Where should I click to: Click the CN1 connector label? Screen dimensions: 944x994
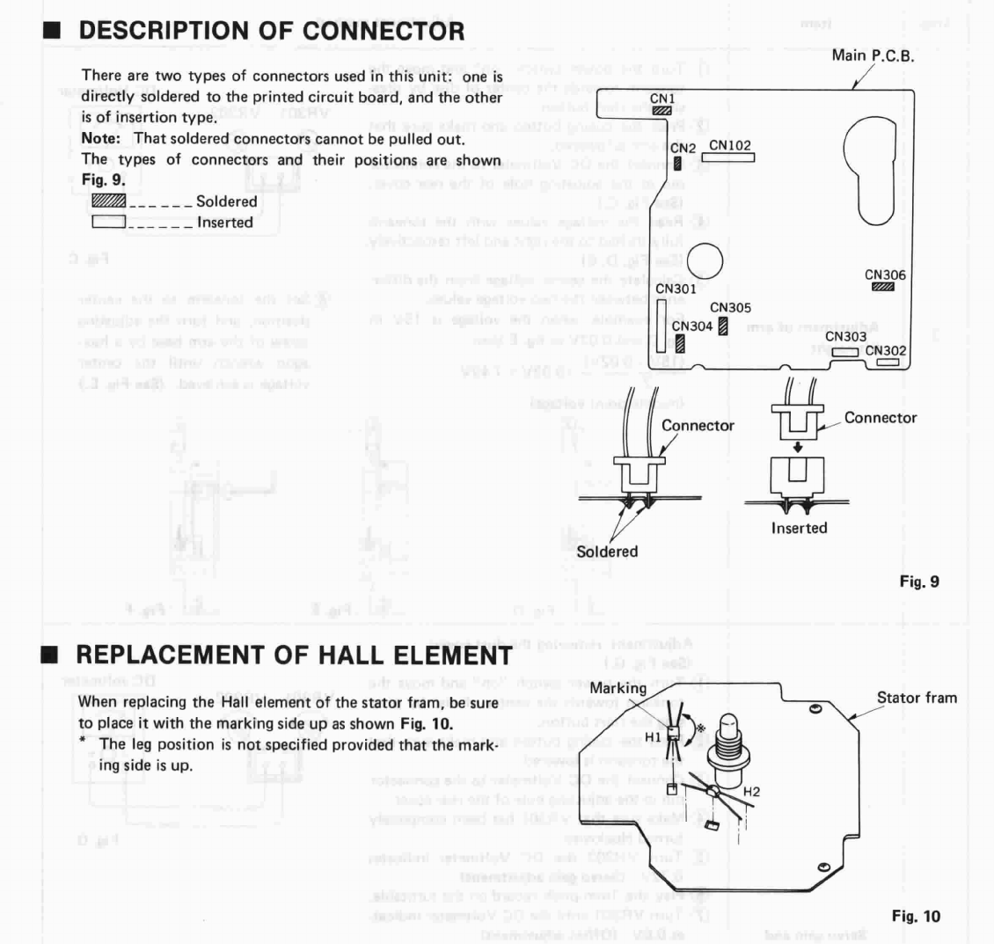pos(661,99)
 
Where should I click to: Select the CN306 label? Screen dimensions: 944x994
pos(885,275)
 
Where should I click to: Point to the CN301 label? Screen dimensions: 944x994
pos(676,288)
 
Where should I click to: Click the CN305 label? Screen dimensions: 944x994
pos(730,308)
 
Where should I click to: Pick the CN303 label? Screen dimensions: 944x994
pos(845,336)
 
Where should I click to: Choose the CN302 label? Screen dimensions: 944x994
pos(886,350)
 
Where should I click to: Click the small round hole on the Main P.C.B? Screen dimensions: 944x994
pos(706,260)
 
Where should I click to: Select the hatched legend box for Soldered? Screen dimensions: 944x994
pos(108,201)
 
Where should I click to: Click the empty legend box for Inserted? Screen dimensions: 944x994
pos(108,223)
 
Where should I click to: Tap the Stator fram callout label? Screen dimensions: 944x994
pos(917,699)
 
